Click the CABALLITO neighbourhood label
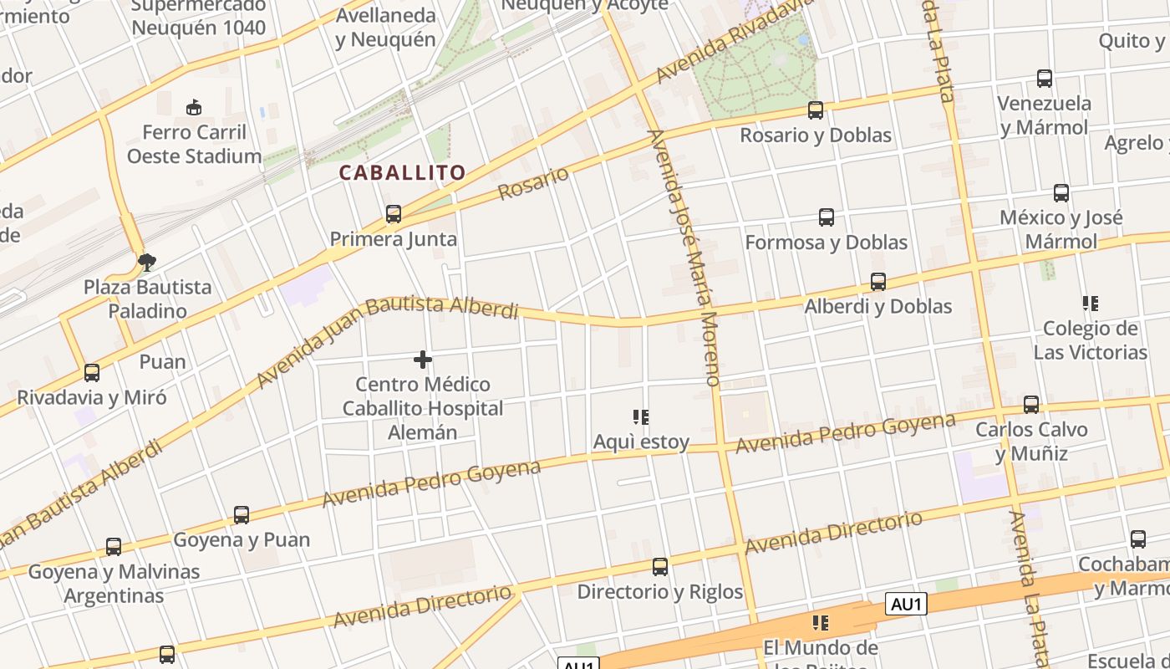click(402, 173)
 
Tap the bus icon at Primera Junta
click(394, 214)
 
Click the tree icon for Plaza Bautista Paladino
click(147, 263)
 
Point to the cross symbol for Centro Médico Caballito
click(423, 360)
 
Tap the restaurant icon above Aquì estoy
click(641, 416)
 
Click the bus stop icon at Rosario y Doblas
click(816, 110)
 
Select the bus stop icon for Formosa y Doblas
click(827, 217)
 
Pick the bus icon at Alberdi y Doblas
click(878, 282)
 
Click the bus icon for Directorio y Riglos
click(660, 567)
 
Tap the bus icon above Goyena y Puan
click(242, 515)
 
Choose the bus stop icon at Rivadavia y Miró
click(92, 373)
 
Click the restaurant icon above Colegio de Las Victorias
click(1090, 303)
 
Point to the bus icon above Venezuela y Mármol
click(1045, 79)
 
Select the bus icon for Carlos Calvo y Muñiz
click(1031, 405)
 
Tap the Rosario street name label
click(533, 183)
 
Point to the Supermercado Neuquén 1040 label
click(199, 17)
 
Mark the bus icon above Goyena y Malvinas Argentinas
click(114, 547)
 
